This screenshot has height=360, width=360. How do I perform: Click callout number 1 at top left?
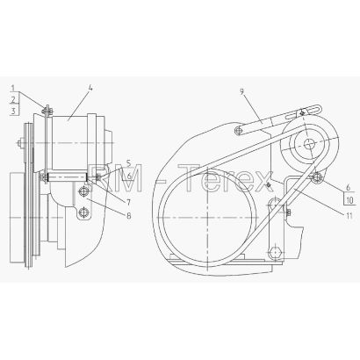coord(13,88)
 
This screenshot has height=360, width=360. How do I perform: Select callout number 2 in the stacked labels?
coord(13,100)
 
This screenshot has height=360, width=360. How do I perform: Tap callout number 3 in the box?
coord(13,111)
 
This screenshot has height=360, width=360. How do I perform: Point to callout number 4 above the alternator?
coord(91,88)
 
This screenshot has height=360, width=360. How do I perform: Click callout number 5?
coord(129,162)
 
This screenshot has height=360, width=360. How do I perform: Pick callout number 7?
coord(129,202)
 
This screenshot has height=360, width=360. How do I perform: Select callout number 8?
coord(129,216)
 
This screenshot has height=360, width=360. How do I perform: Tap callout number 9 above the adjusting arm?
coord(241,91)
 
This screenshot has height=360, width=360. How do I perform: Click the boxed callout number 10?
coord(350,200)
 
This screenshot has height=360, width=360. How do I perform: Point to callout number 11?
coord(349,216)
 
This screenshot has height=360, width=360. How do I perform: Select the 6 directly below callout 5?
coord(129,176)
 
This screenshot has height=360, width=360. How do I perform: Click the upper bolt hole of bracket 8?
coord(83,191)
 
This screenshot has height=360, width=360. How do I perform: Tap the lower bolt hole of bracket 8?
coord(83,212)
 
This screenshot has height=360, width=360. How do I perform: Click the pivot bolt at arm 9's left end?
coord(240,130)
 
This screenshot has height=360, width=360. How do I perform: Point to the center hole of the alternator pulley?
coord(308,143)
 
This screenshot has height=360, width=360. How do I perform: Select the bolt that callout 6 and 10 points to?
coord(317,177)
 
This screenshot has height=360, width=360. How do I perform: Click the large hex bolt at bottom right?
coord(276,252)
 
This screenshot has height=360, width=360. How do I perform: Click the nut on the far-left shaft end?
coord(19,143)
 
